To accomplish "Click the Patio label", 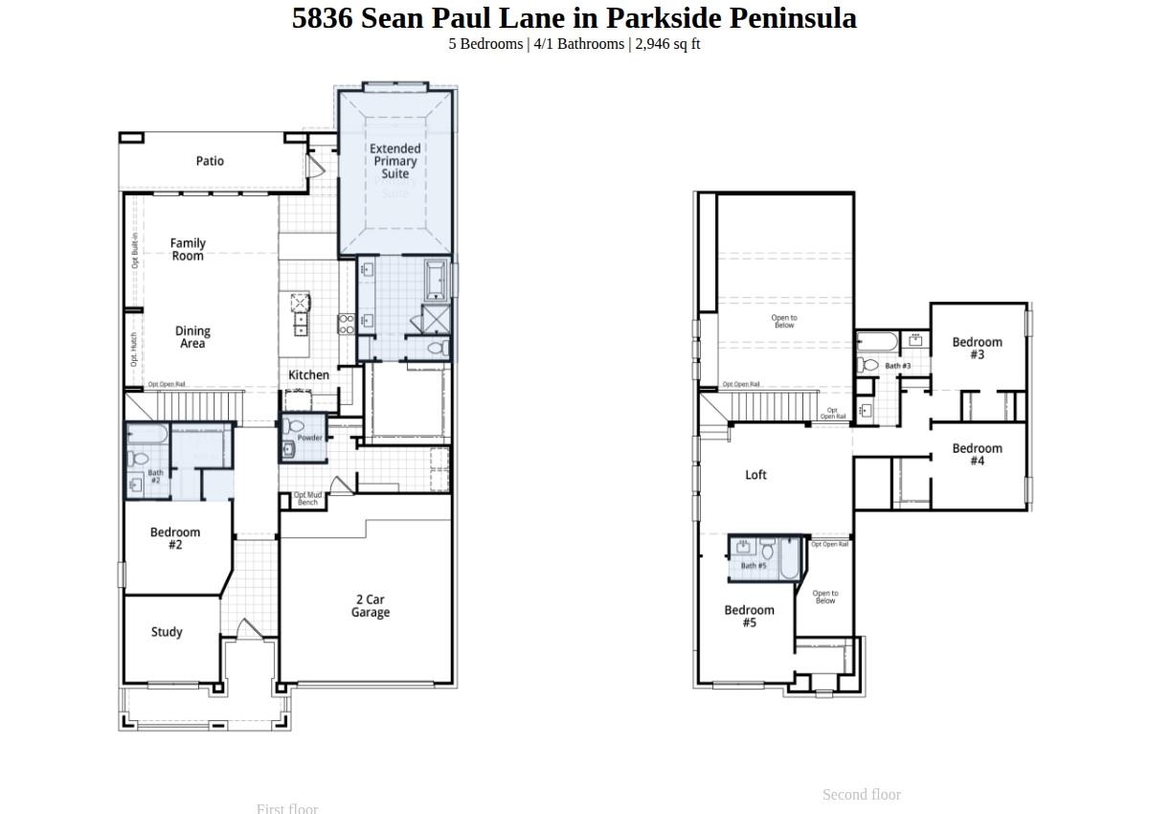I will pos(210,161).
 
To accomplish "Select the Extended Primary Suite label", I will pos(394,161).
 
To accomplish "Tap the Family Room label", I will pos(188,250).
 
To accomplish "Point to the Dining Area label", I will pos(192,337).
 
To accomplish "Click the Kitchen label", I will pos(308,375).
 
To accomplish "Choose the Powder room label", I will pos(309,438).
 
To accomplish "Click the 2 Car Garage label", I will pos(370,606).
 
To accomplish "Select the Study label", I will pos(167,632).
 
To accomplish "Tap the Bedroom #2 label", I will pos(175,538).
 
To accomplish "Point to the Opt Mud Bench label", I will pos(307,499).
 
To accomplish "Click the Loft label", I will pos(755,475).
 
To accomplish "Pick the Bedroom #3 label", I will pos(977,348).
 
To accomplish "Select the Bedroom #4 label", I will pos(977,454).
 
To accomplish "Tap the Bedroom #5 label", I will pos(749,616).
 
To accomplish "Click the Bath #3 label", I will pos(897,366).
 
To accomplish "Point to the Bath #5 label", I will pos(754,566).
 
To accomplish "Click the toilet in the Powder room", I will pos(294,426).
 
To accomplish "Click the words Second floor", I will pos(861,795).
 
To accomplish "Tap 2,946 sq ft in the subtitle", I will pos(667,44).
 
